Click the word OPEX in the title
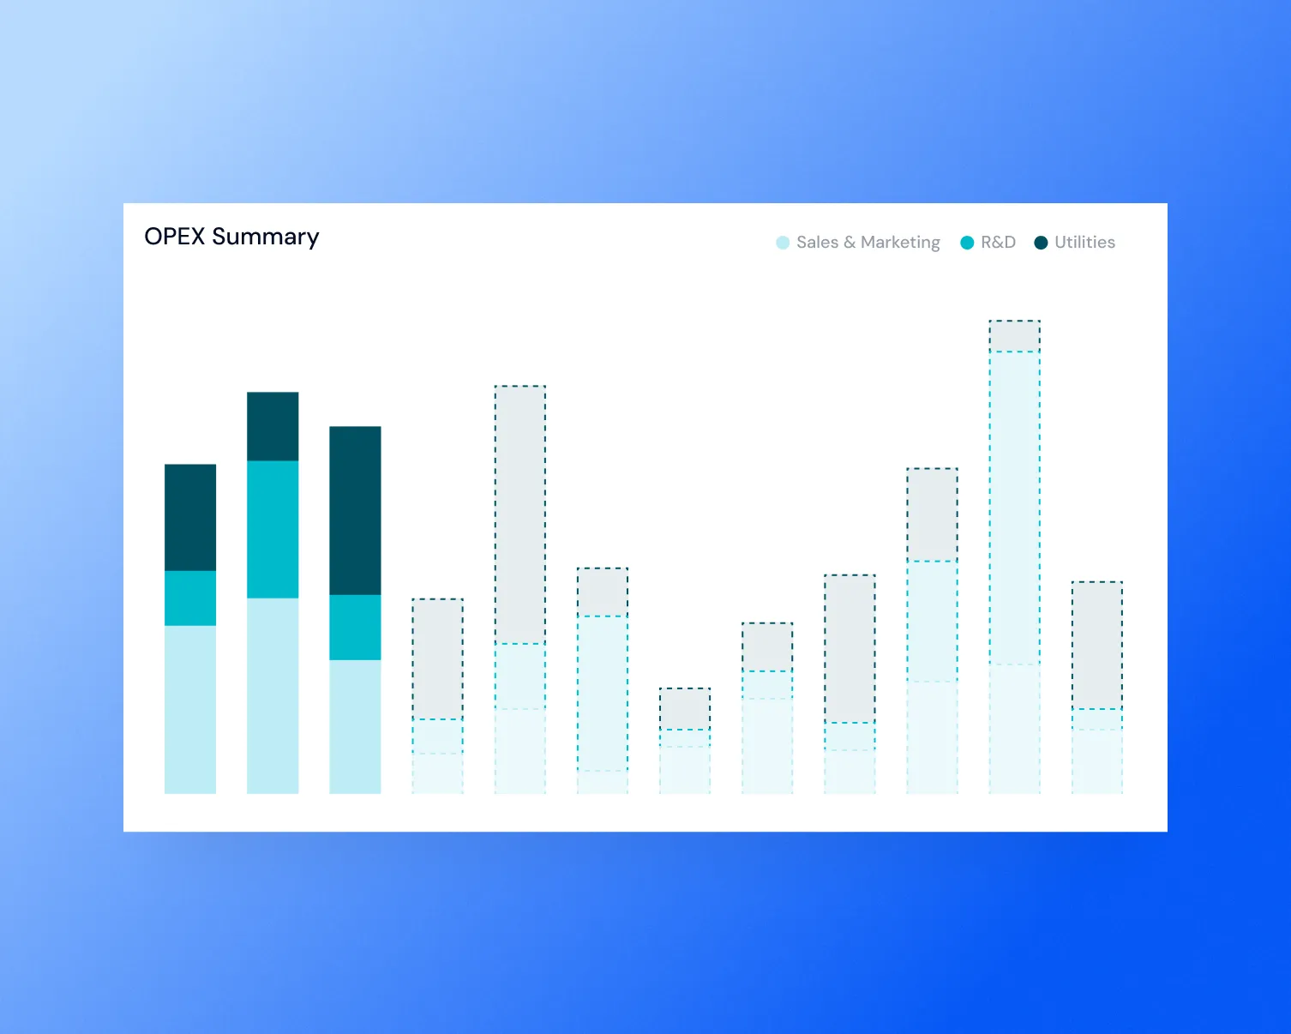[175, 237]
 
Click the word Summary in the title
[265, 237]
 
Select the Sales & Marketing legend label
[868, 243]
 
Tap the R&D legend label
[998, 243]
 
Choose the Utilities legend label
[1084, 243]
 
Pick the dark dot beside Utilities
[1041, 243]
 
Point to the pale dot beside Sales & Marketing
[783, 243]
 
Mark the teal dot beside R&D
[967, 243]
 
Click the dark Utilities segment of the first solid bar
[190, 517]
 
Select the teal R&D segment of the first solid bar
[190, 598]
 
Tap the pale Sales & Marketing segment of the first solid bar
[190, 709]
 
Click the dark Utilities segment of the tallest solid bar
[273, 426]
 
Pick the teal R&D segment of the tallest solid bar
[273, 529]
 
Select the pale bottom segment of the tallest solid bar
[273, 695]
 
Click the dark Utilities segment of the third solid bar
[355, 510]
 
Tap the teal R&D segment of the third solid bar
[355, 627]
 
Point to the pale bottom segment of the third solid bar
[355, 726]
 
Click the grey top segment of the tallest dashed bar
[1015, 336]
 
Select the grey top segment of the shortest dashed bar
[685, 709]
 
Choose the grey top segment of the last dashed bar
[1097, 645]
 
